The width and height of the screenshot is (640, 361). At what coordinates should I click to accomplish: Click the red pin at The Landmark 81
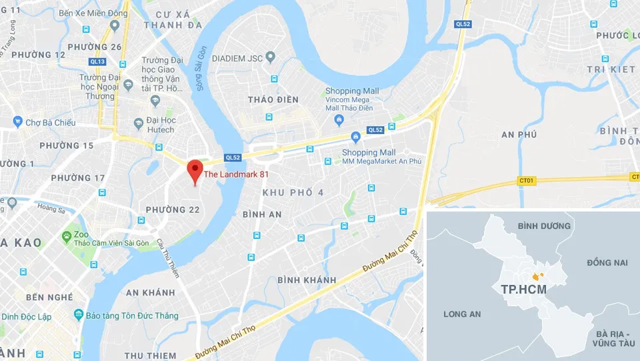click(194, 170)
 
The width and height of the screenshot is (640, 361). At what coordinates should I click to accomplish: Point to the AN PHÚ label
click(519, 135)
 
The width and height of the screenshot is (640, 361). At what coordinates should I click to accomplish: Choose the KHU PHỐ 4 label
click(293, 193)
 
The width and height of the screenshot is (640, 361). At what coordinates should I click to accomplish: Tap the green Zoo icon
click(66, 236)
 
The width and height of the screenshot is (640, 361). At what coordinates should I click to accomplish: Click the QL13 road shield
click(97, 61)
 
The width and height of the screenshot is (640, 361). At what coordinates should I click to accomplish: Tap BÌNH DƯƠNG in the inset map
click(544, 226)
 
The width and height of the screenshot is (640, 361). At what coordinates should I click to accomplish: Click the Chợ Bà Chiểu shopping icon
click(18, 122)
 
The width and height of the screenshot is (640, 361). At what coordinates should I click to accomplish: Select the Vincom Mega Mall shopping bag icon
click(339, 120)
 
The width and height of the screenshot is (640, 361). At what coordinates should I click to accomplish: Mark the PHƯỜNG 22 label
click(173, 210)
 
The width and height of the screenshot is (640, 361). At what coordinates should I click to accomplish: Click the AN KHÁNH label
click(150, 292)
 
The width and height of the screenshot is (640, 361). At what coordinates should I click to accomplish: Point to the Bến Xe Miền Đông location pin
click(115, 25)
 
